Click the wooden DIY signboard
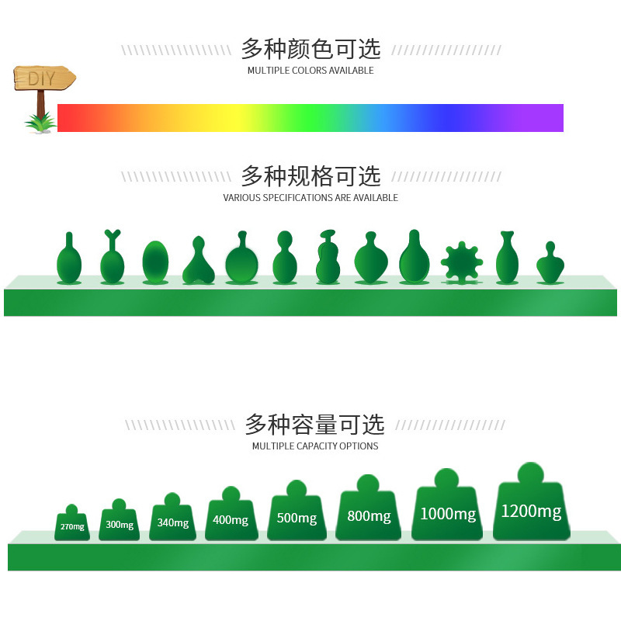[x=44, y=78]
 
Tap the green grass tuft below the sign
[x=40, y=122]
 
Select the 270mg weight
[x=72, y=526]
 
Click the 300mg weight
[x=119, y=523]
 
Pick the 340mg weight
[x=172, y=521]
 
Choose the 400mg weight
[x=231, y=518]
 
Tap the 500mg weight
[x=297, y=515]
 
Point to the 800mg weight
[x=368, y=514]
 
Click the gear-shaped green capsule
[x=462, y=262]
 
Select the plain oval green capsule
[x=155, y=262]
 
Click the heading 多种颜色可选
[x=310, y=49]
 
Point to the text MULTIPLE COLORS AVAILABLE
[x=310, y=71]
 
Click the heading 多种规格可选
[x=310, y=176]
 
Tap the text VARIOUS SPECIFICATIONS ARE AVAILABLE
[x=310, y=198]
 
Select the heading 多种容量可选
[x=314, y=425]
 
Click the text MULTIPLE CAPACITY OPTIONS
[x=315, y=446]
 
